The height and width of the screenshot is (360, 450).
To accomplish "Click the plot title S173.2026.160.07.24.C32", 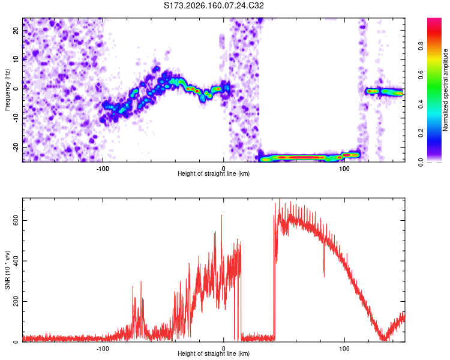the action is (214, 5).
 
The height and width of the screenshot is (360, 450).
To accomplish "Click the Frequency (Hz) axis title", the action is (7, 90).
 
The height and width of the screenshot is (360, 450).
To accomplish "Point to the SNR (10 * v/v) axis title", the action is (7, 270).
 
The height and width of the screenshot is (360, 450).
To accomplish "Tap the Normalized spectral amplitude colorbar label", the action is (445, 90).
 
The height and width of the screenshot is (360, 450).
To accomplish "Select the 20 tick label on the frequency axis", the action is (16, 30).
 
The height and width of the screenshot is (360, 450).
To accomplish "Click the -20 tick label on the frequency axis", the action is (16, 147).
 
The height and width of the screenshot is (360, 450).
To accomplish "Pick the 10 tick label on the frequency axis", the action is (16, 59).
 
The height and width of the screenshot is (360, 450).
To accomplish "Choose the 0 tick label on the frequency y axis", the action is (16, 89).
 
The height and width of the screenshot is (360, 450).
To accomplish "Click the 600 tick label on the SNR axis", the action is (16, 220).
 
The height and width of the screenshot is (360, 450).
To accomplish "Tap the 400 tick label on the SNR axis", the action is (16, 261).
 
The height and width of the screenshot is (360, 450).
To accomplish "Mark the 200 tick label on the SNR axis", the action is (16, 301).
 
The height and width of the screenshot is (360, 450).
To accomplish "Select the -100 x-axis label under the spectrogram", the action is (103, 169).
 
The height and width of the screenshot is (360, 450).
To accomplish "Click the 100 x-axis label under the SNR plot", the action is (344, 349).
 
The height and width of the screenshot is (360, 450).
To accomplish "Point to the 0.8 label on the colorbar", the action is (421, 46).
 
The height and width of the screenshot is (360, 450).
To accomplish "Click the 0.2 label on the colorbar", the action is (421, 133).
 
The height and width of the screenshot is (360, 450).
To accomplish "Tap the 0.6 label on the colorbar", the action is (421, 75).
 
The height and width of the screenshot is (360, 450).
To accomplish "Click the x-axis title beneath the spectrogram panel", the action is (214, 173).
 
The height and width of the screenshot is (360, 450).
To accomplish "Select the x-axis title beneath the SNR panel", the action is (214, 353).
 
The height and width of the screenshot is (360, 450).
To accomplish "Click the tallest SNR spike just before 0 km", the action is (221, 215).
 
